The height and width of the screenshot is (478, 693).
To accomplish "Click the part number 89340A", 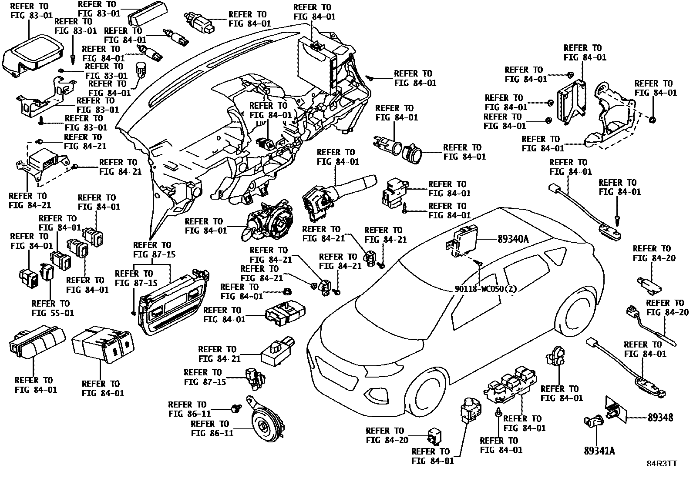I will [x=514, y=239].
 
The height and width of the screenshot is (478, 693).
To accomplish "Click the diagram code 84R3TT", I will [x=661, y=464].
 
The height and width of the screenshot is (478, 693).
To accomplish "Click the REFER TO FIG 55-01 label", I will [x=53, y=308].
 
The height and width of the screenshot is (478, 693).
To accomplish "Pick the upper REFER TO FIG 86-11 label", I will [x=189, y=409].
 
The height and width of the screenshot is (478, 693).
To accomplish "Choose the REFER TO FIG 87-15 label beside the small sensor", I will [x=205, y=377].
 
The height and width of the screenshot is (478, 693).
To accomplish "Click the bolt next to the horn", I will [x=237, y=408].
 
